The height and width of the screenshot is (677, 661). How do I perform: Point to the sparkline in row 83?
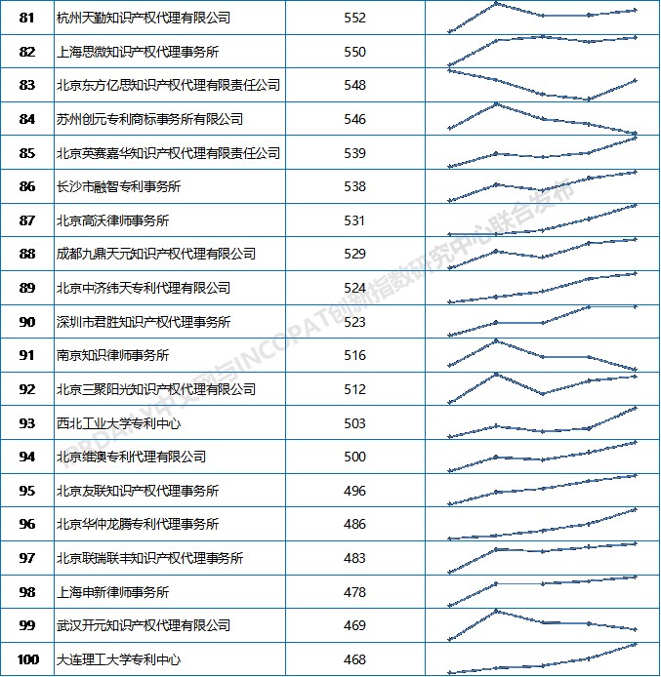point(542,85)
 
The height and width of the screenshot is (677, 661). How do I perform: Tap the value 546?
point(354,119)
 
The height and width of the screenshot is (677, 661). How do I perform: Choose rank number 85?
point(27,153)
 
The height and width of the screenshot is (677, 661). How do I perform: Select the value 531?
point(354,220)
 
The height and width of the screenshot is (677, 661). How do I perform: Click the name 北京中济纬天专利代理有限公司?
point(143,288)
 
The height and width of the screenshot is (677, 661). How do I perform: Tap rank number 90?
point(27,322)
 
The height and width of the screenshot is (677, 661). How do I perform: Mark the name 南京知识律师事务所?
point(113,355)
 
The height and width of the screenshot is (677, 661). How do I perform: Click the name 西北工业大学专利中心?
point(119,423)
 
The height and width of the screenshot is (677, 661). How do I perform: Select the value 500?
point(354,457)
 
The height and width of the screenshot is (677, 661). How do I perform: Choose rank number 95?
point(27,491)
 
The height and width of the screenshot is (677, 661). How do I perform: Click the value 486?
point(354,524)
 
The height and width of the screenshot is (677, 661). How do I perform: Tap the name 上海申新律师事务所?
point(113,592)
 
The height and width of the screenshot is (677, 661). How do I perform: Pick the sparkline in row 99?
point(542,624)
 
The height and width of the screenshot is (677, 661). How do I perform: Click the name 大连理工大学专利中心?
point(119,659)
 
